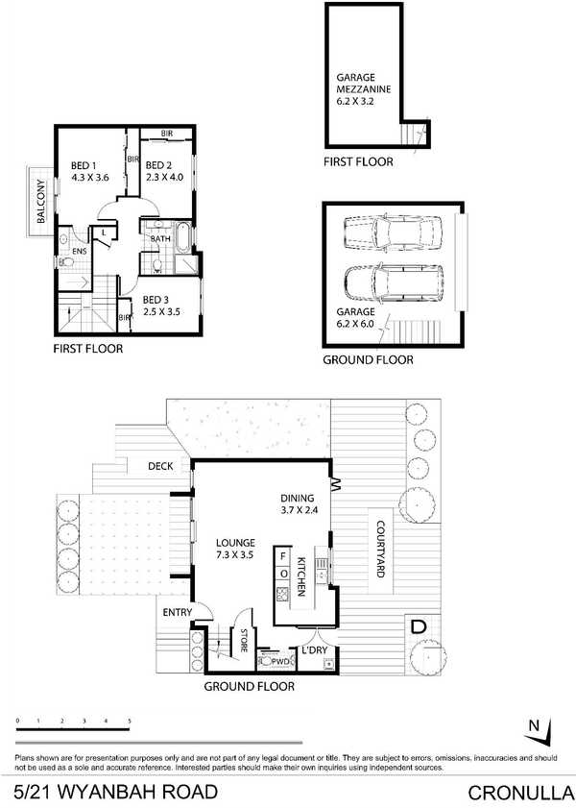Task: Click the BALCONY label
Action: coord(41,201)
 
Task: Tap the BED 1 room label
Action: coord(84,165)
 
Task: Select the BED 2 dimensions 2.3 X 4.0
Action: coord(164,178)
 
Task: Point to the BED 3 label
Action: coord(156,300)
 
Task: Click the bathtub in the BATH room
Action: coord(182,237)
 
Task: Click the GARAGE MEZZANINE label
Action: coord(364,83)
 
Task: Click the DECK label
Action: coord(160,466)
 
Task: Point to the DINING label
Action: coord(297,499)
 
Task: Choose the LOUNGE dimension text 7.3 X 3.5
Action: coord(235,555)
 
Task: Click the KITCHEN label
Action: coord(302,576)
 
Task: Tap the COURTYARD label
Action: coord(381,550)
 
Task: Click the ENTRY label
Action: coord(177,612)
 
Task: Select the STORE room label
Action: coord(244,641)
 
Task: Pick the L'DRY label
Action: coord(315,650)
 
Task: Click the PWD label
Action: coord(280,662)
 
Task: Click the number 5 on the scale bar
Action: coord(130,722)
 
